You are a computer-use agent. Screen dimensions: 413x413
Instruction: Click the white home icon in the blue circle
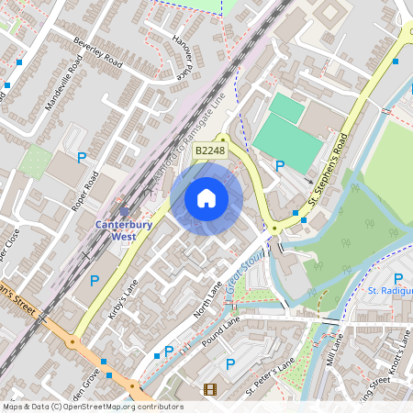tap(206, 197)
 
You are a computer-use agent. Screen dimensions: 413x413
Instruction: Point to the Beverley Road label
tap(99, 53)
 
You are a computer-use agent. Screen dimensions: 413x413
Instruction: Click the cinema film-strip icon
tap(210, 390)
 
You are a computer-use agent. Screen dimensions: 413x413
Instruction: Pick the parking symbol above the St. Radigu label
tap(397, 278)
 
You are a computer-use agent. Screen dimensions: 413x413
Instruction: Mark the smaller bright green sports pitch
tap(286, 109)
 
